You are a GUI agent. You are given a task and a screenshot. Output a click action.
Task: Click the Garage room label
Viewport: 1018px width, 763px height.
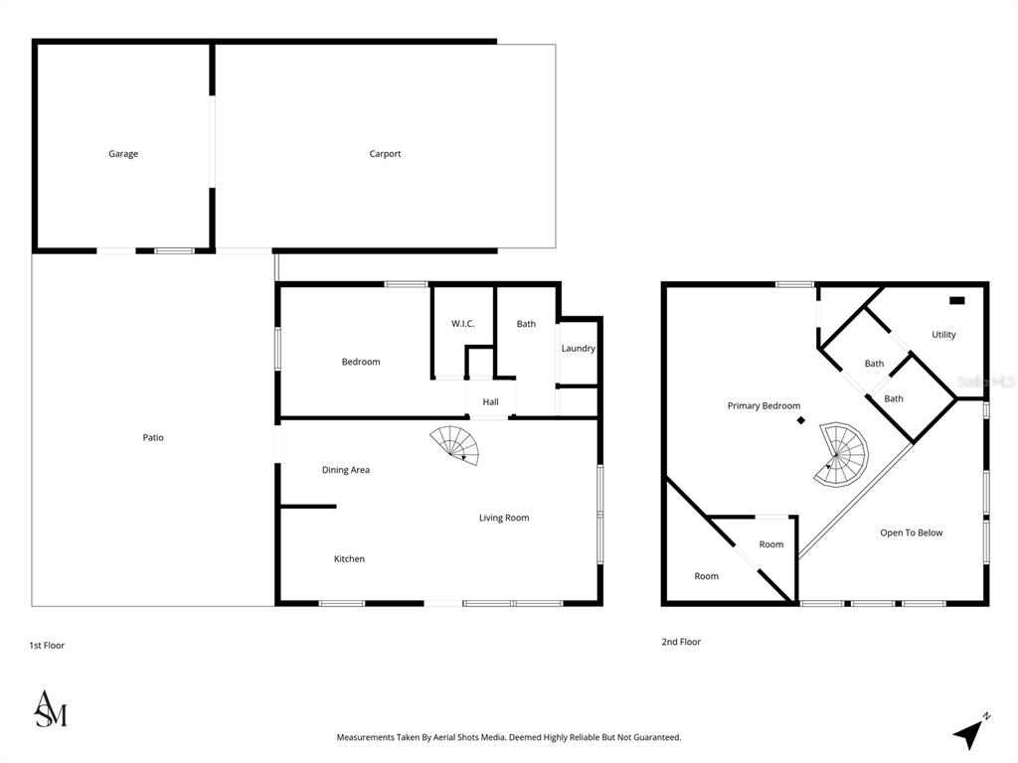[122, 154]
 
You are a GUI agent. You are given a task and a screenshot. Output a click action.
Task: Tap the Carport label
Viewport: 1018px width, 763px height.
[385, 154]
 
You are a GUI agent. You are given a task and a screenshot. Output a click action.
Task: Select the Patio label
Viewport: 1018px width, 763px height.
[153, 437]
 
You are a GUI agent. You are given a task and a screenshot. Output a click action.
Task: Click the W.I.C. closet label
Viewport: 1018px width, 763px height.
[463, 323]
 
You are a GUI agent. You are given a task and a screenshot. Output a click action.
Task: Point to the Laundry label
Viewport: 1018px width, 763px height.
[578, 349]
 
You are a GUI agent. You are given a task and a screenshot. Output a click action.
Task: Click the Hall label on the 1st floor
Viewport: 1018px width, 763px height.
[490, 401]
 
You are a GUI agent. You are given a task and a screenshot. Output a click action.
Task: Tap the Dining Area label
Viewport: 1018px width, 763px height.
[345, 470]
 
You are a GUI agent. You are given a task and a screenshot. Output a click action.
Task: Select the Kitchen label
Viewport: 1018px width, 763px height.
[349, 558]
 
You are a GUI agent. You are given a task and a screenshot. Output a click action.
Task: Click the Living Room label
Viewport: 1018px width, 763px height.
[504, 518]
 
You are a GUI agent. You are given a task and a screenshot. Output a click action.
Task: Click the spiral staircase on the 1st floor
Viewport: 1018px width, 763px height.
[454, 445]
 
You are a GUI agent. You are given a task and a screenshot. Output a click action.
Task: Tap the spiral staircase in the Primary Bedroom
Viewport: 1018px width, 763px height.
[841, 454]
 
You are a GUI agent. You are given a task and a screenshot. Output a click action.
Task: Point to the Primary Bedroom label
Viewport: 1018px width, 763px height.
[763, 405]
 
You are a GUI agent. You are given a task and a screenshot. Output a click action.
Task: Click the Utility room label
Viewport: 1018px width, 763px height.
[943, 335]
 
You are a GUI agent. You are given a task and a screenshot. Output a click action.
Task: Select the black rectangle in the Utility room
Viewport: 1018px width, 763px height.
[957, 300]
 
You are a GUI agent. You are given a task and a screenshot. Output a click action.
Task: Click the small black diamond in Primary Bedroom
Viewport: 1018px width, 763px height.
[801, 420]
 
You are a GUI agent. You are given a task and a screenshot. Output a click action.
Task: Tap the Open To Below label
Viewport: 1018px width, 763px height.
[911, 533]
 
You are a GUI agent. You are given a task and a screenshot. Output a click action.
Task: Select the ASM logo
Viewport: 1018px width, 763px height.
[51, 708]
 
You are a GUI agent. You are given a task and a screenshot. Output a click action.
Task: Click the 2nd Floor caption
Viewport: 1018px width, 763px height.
[681, 642]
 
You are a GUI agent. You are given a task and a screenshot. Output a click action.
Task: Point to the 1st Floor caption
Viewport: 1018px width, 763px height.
[47, 645]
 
